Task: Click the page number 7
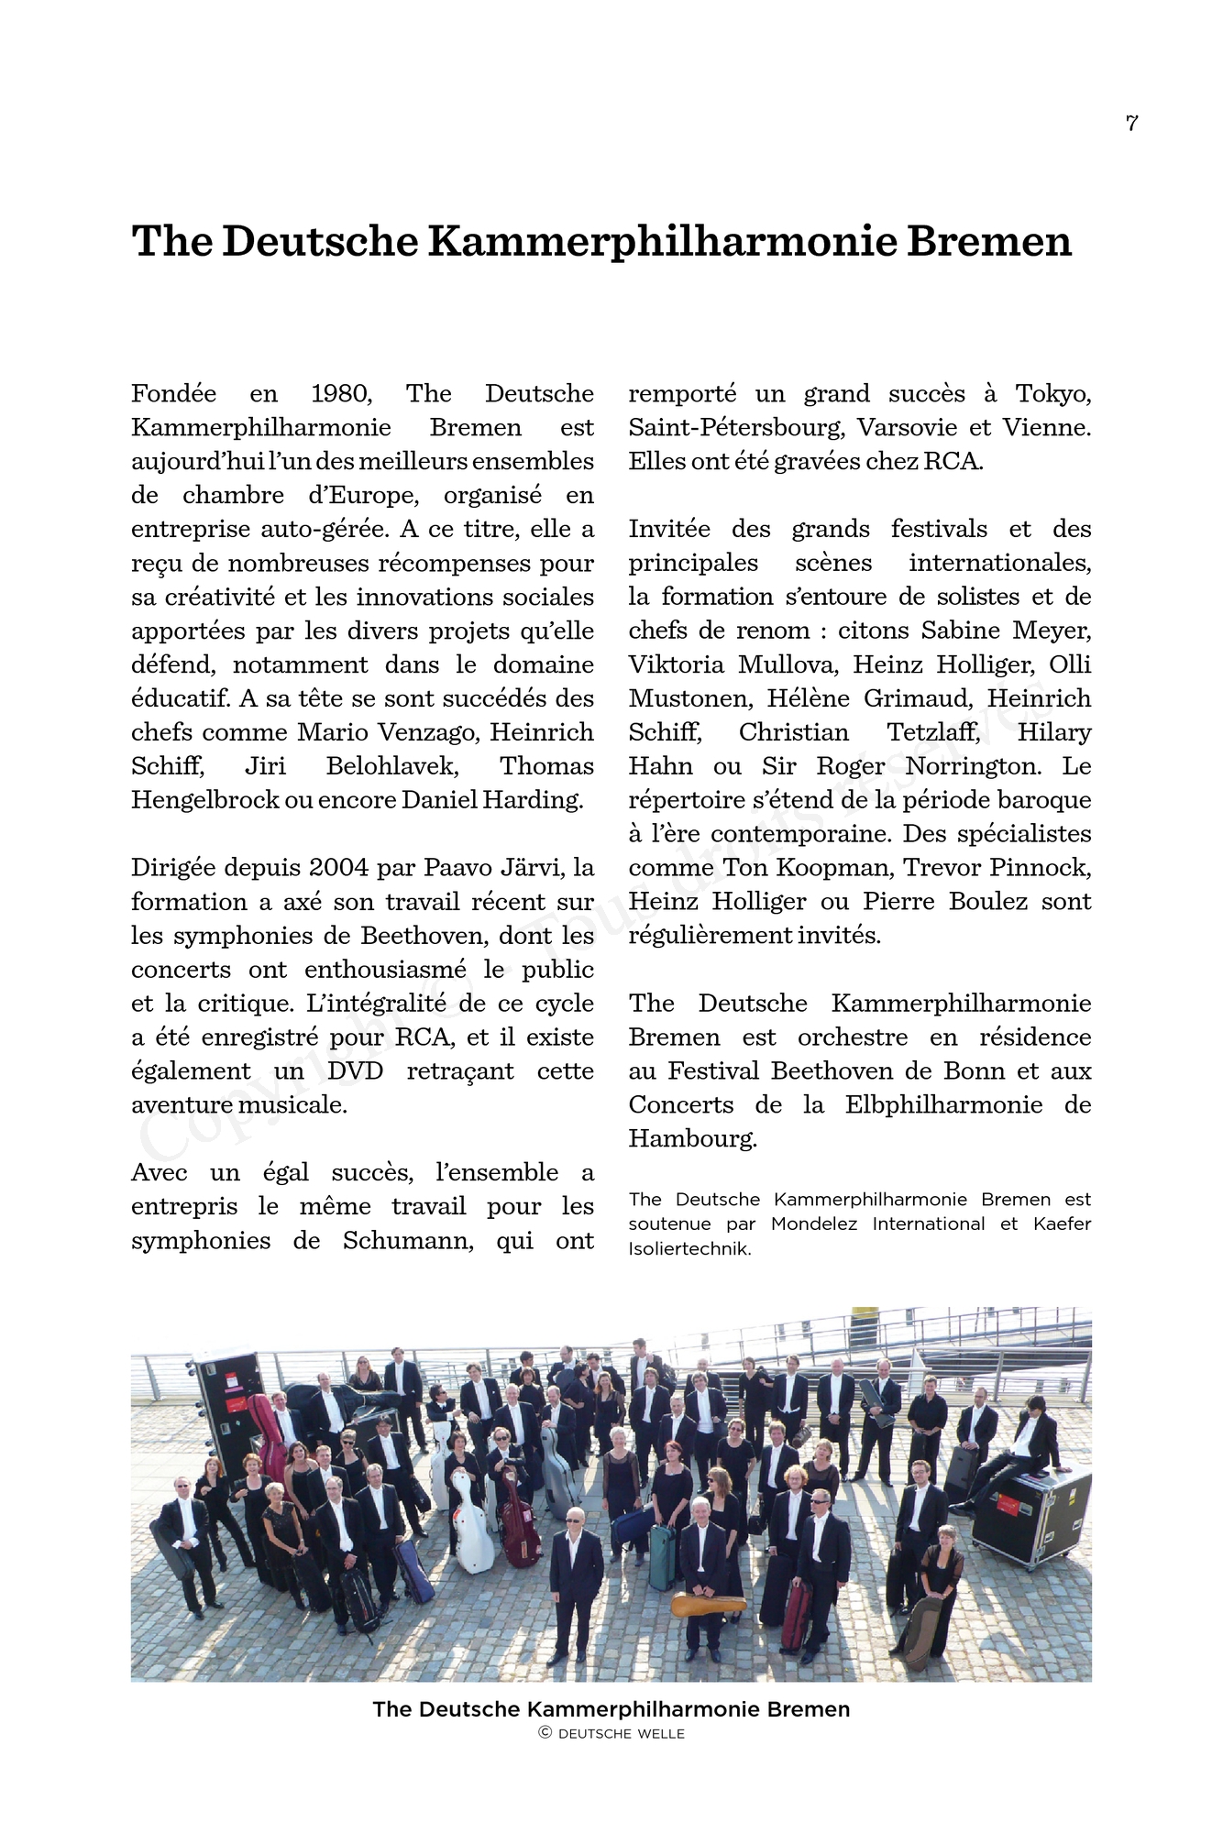click(1131, 123)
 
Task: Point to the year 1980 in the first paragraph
click(341, 394)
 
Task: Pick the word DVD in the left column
click(355, 1071)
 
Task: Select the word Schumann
click(408, 1241)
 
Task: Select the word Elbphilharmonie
click(943, 1105)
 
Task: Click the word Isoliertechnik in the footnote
click(689, 1249)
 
